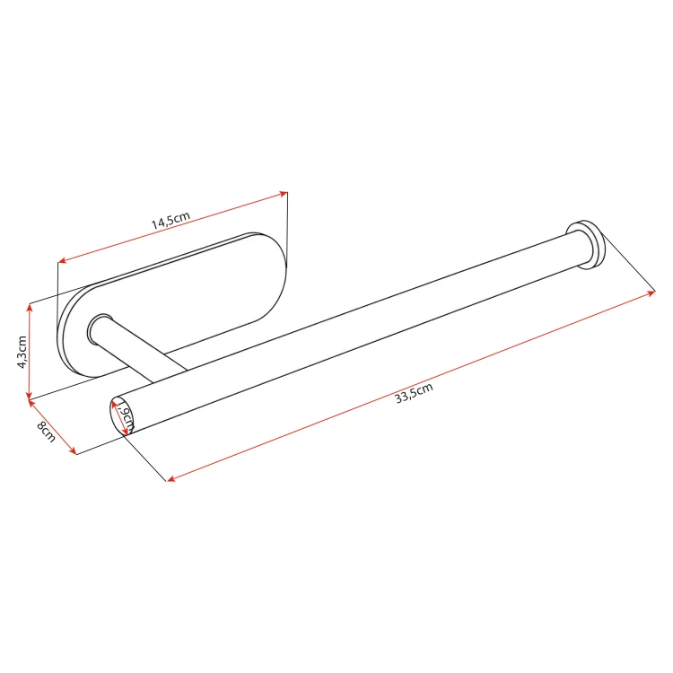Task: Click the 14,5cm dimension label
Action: coord(170,220)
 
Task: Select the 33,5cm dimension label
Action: coord(414,393)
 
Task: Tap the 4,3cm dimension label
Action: coord(22,352)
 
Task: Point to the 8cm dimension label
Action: coord(47,432)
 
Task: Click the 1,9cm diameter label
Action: coord(126,416)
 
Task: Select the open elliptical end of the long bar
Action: coord(121,415)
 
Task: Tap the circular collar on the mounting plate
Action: coord(99,329)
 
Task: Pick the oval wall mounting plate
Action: coord(171,305)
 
